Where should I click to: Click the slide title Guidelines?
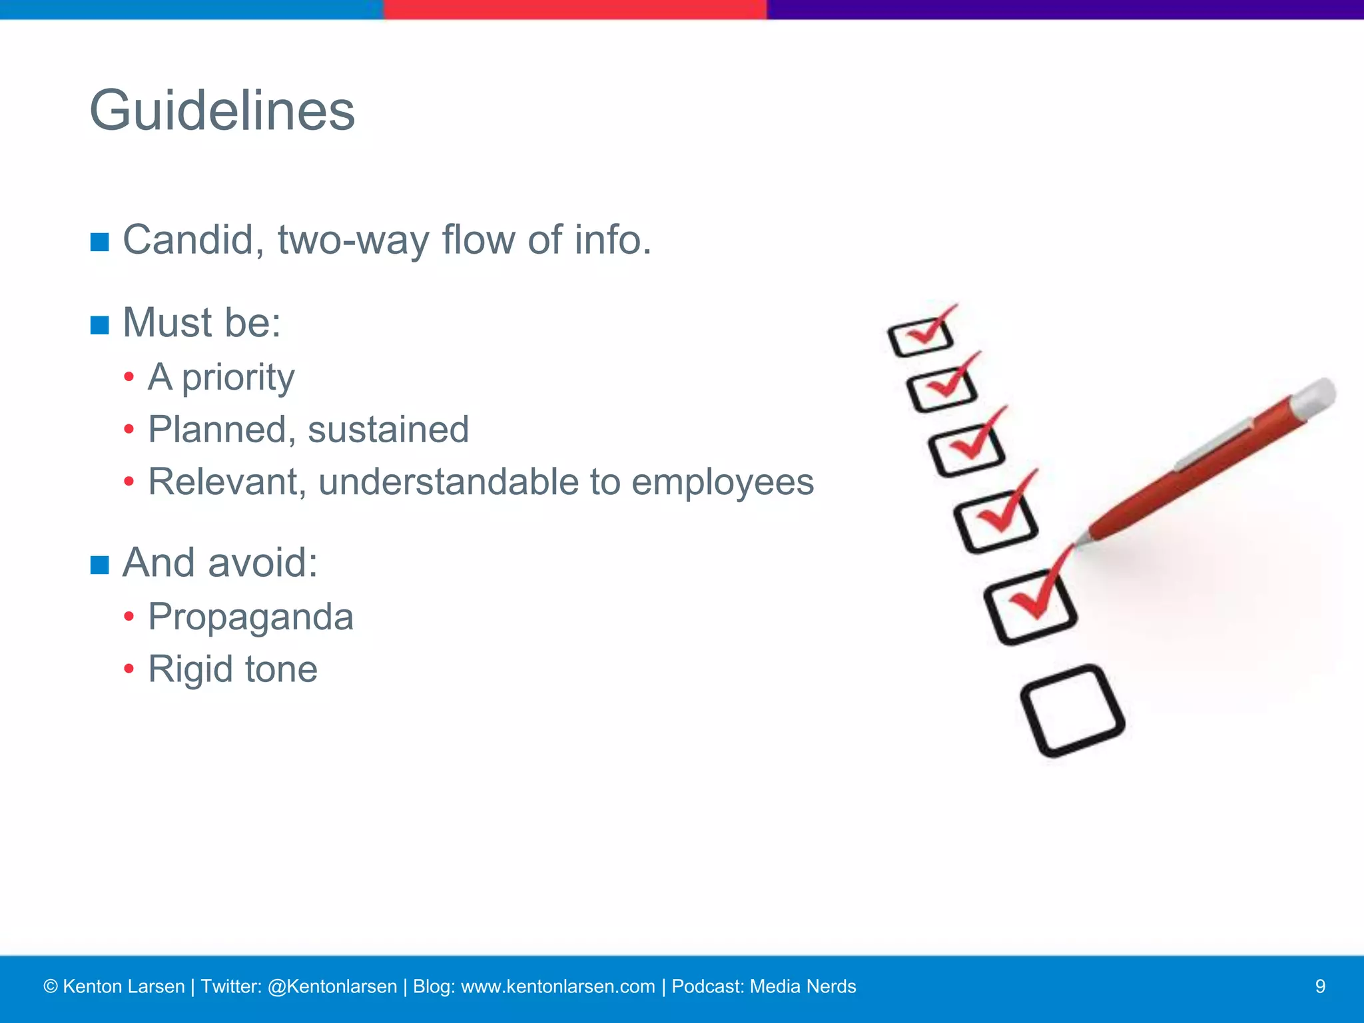tap(222, 111)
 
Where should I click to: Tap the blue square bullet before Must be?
tap(99, 325)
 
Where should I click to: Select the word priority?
tap(238, 378)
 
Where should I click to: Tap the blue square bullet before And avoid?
tap(99, 565)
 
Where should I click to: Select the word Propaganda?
tap(250, 617)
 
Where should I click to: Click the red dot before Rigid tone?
tap(129, 669)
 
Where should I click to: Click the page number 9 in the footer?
tap(1320, 986)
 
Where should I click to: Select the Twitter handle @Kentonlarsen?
tap(332, 986)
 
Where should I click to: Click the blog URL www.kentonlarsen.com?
tap(557, 986)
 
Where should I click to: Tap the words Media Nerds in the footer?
tap(803, 986)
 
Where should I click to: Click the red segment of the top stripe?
tap(575, 9)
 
